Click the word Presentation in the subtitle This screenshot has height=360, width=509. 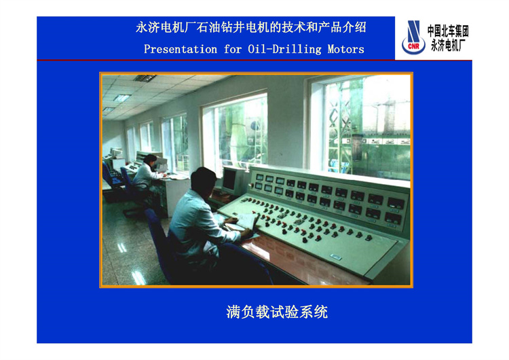181,50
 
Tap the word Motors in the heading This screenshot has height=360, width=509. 345,50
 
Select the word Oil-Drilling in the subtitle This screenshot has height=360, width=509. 284,50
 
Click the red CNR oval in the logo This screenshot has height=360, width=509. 413,46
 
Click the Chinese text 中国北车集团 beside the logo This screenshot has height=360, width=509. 448,31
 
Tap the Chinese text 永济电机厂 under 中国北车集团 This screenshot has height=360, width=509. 448,45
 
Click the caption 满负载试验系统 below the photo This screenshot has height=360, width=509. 277,312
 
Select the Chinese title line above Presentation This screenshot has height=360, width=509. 251,27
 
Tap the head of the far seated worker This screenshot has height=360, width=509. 150,159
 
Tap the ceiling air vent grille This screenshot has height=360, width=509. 145,78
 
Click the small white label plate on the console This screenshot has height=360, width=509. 336,257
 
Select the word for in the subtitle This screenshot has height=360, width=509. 232,50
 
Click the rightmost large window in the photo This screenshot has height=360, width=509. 360,128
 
